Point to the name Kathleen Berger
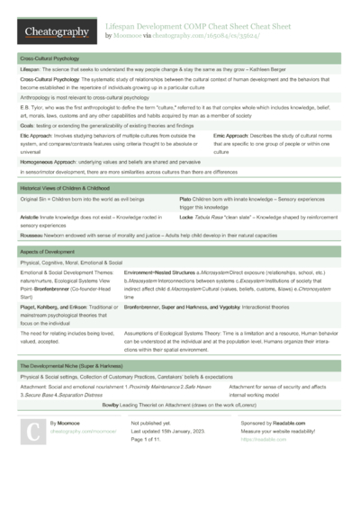tap(270, 69)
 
